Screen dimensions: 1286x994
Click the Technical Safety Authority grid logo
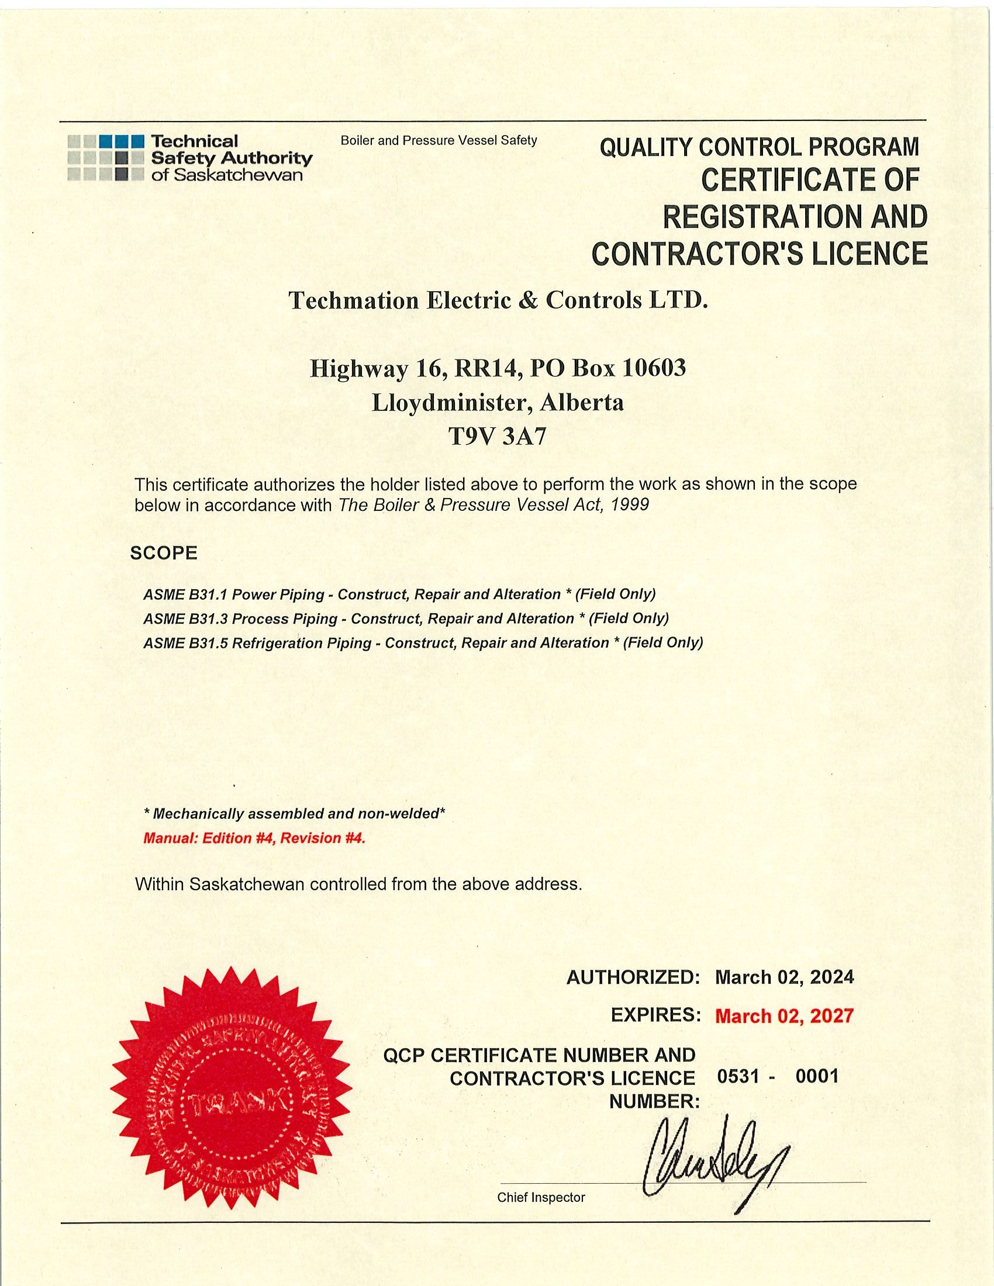(106, 158)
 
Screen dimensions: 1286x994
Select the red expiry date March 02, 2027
(784, 1016)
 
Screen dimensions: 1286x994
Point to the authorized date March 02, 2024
(784, 977)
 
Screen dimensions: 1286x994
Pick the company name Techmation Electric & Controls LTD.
(498, 301)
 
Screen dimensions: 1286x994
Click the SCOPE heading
(164, 553)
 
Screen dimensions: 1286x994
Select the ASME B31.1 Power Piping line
(399, 594)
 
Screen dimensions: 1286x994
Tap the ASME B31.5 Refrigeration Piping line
(423, 642)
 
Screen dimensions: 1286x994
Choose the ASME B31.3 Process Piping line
(406, 618)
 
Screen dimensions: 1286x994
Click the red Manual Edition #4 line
(254, 838)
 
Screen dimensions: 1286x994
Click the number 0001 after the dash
(816, 1076)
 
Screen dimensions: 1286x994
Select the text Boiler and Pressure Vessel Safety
(439, 140)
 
